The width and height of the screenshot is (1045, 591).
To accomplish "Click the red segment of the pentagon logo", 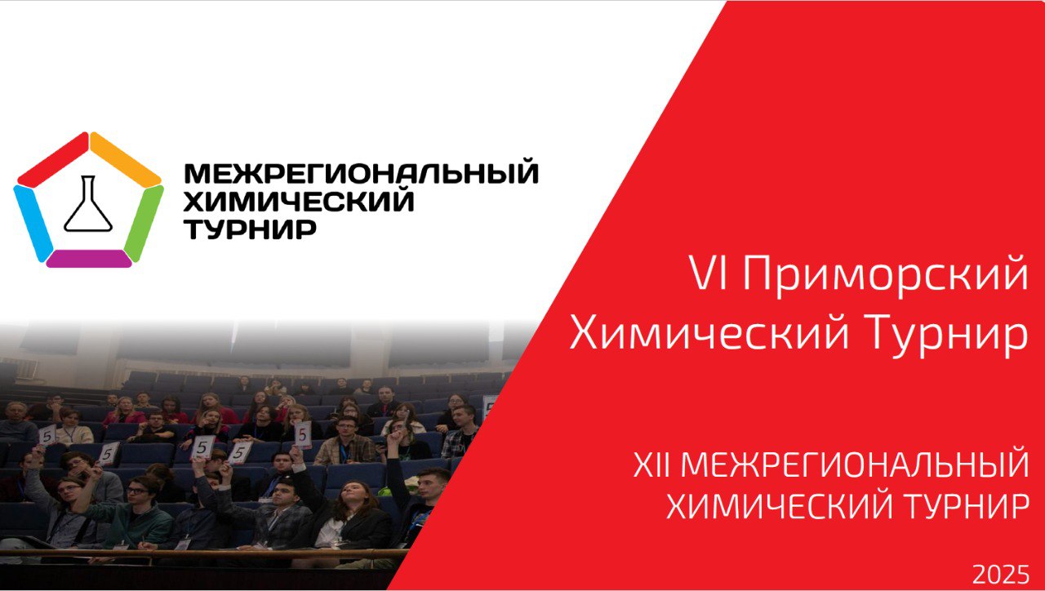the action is (53, 159).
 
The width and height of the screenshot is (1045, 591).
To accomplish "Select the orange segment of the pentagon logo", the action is (126, 159).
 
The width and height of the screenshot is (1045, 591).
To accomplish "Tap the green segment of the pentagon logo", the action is (144, 223).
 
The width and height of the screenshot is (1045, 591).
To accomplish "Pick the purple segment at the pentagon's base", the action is (89, 259).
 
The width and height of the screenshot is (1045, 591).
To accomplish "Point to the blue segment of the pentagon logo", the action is (33, 223).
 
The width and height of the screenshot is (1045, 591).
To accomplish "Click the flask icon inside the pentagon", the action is (88, 204).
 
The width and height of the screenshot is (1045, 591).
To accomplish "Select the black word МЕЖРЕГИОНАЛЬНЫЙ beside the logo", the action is (362, 173).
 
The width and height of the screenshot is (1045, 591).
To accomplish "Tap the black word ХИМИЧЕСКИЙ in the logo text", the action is (299, 201).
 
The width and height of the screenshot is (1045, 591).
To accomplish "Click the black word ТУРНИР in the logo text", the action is (251, 229).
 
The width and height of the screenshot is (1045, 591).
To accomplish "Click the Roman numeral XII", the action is (653, 464).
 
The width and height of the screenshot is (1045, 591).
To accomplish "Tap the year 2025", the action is (1001, 575).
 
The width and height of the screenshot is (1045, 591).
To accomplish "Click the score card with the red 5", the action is (302, 435).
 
